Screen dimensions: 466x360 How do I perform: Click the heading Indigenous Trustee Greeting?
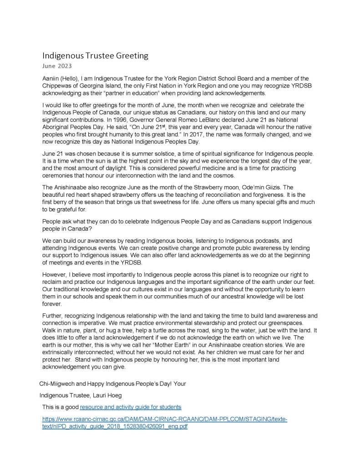tap(95, 56)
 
